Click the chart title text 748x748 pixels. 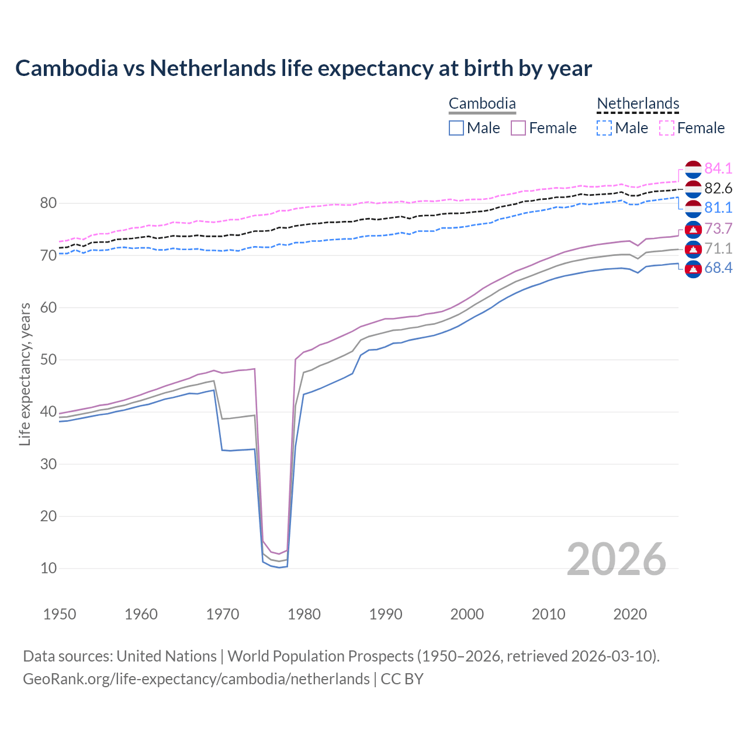pyautogui.click(x=303, y=68)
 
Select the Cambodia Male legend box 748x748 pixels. pyautogui.click(x=456, y=128)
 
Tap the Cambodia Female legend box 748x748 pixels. pyautogui.click(x=518, y=128)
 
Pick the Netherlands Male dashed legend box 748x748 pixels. pyautogui.click(x=604, y=128)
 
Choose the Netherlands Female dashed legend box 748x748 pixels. pyautogui.click(x=667, y=128)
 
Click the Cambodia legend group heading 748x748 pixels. pyautogui.click(x=482, y=104)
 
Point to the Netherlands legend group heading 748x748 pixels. pyautogui.click(x=638, y=104)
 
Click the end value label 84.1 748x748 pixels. pyautogui.click(x=718, y=168)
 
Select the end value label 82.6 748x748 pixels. pyautogui.click(x=718, y=188)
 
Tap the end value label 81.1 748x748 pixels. pyautogui.click(x=718, y=207)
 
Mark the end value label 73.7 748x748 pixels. pyautogui.click(x=718, y=228)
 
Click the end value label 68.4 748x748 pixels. pyautogui.click(x=718, y=268)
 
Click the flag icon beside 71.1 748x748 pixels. pyautogui.click(x=693, y=249)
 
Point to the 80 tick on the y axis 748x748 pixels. pyautogui.click(x=49, y=203)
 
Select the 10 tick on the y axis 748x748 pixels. pyautogui.click(x=49, y=568)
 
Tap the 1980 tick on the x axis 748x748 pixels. pyautogui.click(x=304, y=614)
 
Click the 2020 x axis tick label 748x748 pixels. pyautogui.click(x=630, y=614)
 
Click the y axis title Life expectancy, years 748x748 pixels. pyautogui.click(x=25, y=374)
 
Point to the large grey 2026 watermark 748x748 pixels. pyautogui.click(x=617, y=559)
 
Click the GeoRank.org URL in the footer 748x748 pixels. pyautogui.click(x=196, y=679)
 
